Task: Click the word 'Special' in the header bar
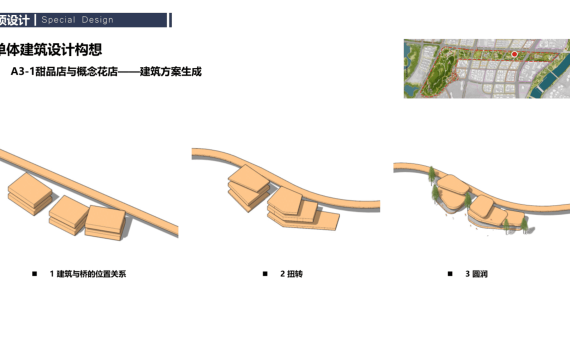(x=59, y=20)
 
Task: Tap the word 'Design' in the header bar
(x=97, y=20)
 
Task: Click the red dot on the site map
(x=514, y=54)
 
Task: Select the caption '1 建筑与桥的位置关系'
(x=88, y=274)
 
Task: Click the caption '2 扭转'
(x=291, y=274)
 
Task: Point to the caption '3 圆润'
(x=476, y=274)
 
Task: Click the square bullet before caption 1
(x=35, y=274)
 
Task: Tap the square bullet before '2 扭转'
(x=265, y=274)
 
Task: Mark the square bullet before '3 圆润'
(x=450, y=274)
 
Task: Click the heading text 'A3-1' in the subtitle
(x=23, y=71)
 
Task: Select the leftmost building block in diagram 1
(x=30, y=194)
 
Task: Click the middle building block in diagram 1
(x=68, y=215)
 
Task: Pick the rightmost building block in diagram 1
(x=105, y=223)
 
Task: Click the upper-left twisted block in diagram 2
(x=249, y=187)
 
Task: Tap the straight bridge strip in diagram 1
(x=89, y=192)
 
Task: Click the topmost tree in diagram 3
(x=431, y=174)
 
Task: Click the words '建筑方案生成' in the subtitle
(x=170, y=71)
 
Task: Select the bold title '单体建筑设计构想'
(x=50, y=49)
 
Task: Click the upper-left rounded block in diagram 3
(x=452, y=184)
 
